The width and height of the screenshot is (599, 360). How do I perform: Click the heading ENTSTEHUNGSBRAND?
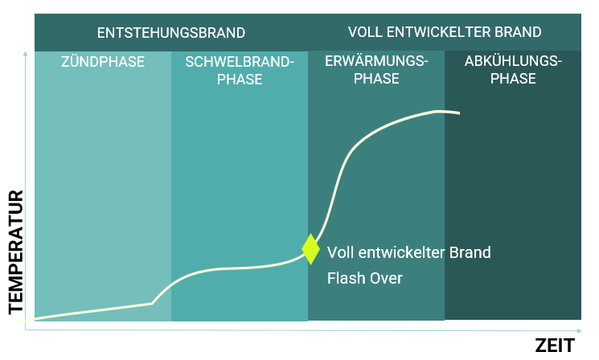(170, 33)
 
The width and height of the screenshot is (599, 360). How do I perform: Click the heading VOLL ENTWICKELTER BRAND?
(445, 33)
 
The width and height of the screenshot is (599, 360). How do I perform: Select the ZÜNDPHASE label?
(103, 61)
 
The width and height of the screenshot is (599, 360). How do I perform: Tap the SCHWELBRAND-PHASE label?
(240, 70)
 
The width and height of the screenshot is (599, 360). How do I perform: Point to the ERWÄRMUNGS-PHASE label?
(375, 70)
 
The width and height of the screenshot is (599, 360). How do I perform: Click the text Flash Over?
(364, 279)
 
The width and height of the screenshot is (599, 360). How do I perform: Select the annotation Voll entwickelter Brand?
(408, 252)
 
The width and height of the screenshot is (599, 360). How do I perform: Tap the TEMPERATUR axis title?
(14, 252)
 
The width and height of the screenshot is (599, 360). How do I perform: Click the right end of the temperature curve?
(458, 113)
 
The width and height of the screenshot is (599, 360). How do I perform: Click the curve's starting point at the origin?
(28, 320)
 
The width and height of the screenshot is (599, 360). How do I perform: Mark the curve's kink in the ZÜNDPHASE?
(152, 303)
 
